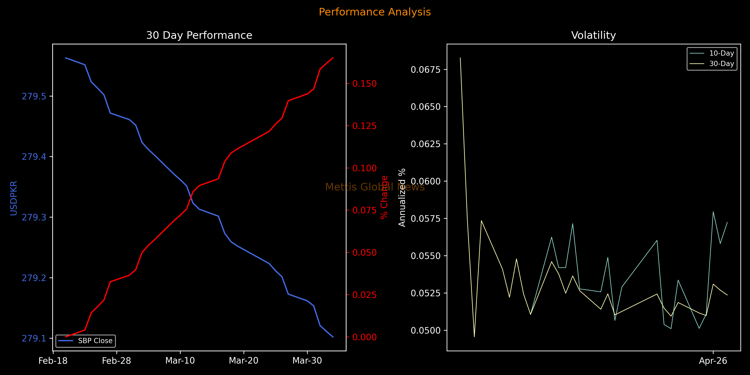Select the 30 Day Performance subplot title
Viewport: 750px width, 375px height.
(199, 35)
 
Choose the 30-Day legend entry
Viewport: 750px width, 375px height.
(721, 64)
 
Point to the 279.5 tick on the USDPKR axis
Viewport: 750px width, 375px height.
(34, 96)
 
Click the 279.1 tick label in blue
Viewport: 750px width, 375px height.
(34, 338)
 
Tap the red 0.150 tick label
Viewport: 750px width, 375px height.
(365, 84)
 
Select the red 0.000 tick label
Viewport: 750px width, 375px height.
(365, 337)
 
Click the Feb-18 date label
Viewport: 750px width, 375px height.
(53, 361)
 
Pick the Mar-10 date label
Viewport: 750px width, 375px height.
(180, 361)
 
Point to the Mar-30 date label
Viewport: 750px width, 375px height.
(307, 361)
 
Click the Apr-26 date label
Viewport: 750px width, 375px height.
(713, 361)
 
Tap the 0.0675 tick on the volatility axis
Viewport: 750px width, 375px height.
(425, 70)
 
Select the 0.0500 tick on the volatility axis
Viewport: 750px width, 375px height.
(425, 330)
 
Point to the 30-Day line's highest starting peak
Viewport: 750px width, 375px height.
(460, 58)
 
